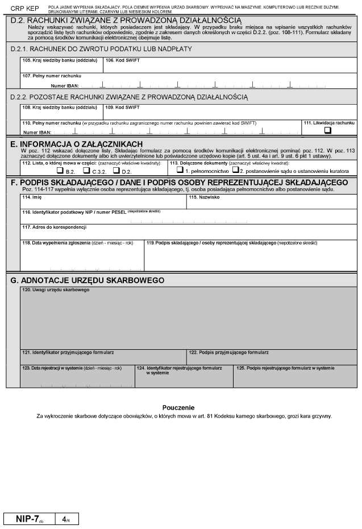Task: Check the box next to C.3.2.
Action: coord(86,170)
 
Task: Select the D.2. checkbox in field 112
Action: coord(116,170)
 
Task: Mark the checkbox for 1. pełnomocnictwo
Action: coord(180,170)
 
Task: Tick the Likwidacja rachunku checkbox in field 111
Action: coord(327,130)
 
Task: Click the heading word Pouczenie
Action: coord(178,408)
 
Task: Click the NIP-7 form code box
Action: coord(28,519)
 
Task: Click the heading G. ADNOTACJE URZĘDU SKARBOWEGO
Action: coord(88,280)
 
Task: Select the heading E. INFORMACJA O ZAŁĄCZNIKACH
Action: coord(77,144)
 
